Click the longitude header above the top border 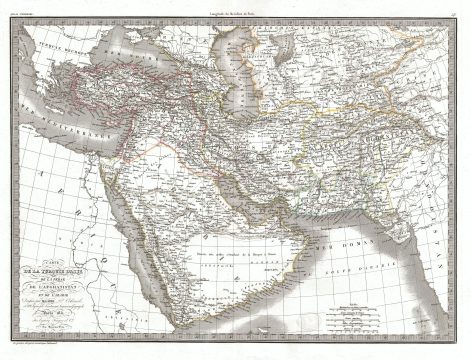235,8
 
